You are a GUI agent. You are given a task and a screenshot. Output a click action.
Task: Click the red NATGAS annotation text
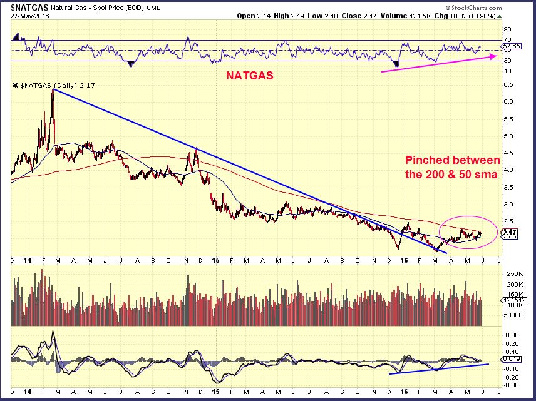point(249,74)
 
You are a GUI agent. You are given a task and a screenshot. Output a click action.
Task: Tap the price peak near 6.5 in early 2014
point(53,91)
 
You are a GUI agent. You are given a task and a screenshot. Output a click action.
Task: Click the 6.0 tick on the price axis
point(507,102)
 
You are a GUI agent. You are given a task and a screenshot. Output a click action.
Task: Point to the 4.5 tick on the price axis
point(507,153)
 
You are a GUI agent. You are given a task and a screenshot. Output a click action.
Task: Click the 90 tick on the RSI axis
point(506,29)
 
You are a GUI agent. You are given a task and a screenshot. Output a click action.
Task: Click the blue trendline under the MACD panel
point(438,369)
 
